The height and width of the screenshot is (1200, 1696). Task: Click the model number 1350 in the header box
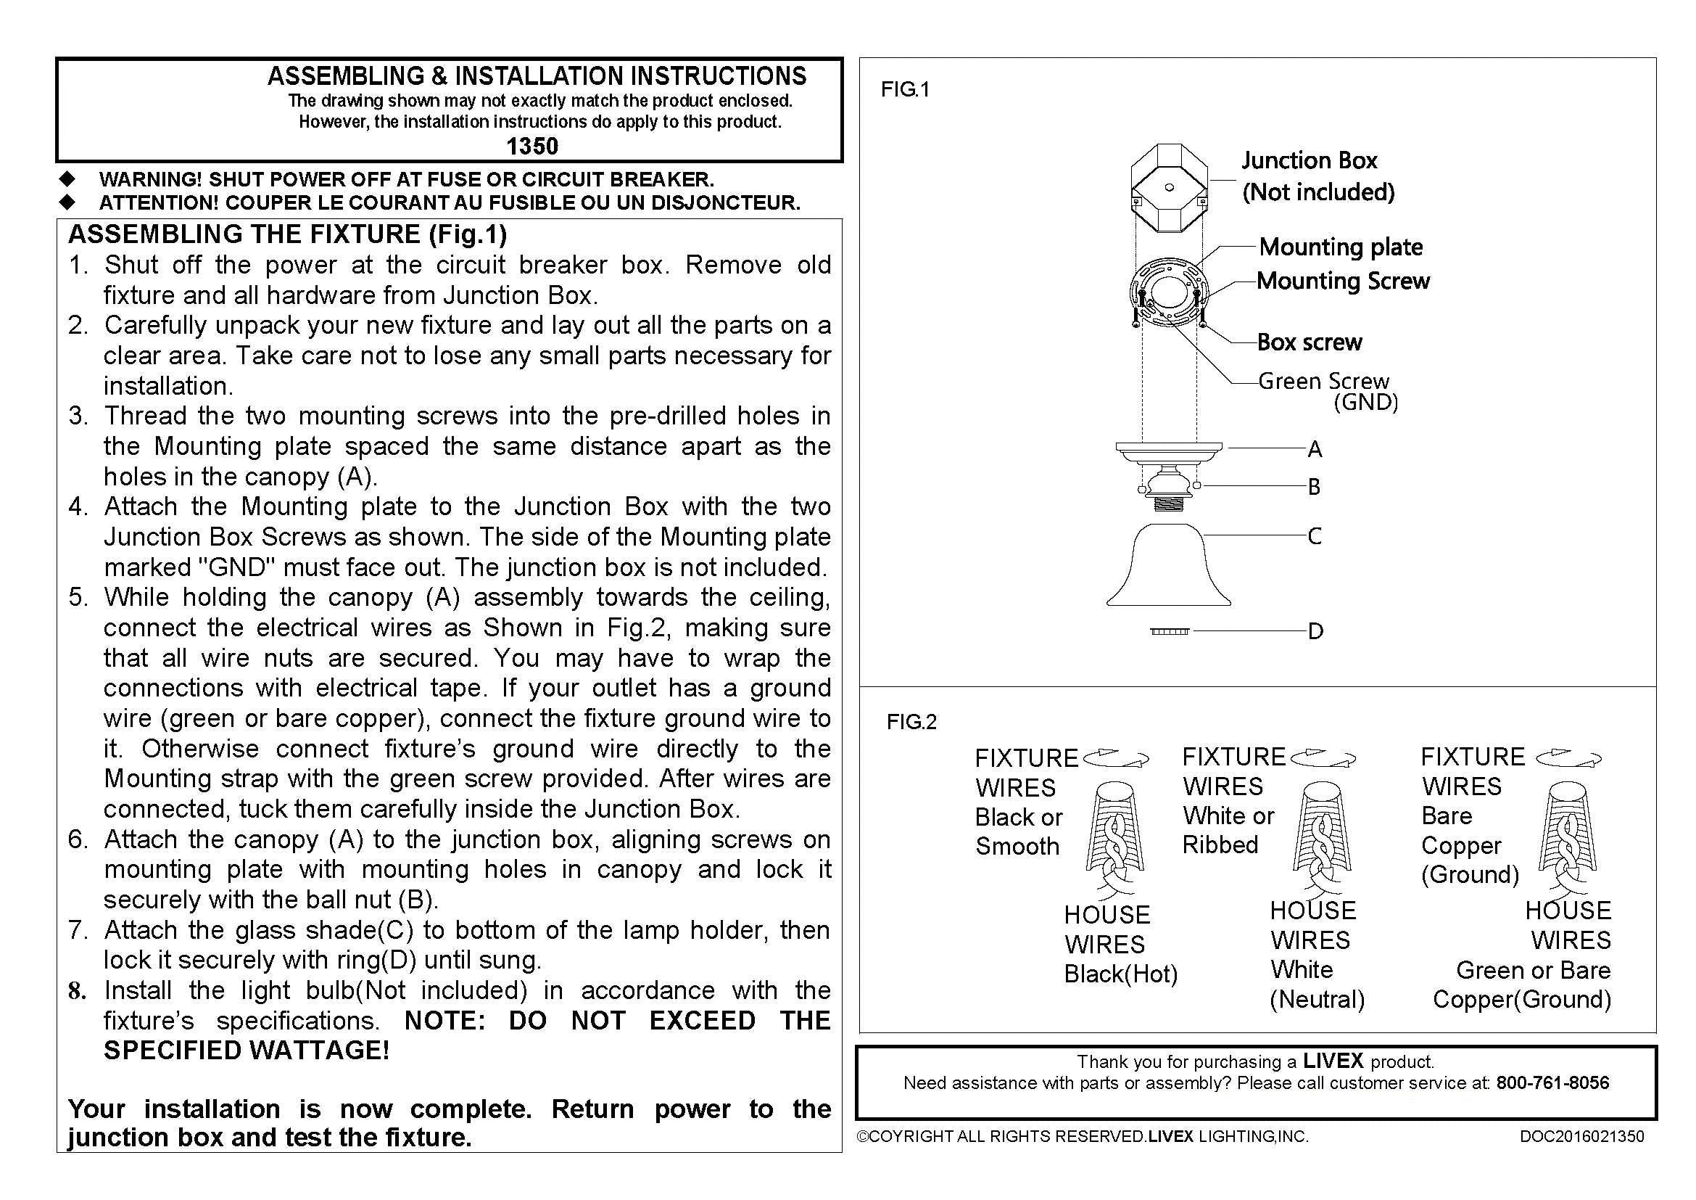tap(531, 146)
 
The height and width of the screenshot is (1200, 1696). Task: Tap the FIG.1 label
tap(904, 90)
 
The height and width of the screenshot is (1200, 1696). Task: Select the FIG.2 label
tap(911, 722)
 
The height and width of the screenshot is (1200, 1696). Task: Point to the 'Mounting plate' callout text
tap(1340, 247)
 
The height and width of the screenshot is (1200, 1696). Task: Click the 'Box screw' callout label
tap(1309, 342)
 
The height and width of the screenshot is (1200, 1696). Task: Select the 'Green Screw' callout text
tap(1323, 382)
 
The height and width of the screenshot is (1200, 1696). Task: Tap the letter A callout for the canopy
tap(1314, 449)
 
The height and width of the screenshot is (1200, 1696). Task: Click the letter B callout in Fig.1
tap(1313, 487)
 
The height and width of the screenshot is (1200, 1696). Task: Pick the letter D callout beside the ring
tap(1315, 632)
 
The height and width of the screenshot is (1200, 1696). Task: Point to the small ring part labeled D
tap(1170, 631)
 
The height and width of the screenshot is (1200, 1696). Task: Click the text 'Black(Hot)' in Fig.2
tap(1120, 974)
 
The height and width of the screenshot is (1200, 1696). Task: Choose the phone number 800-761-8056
tap(1552, 1083)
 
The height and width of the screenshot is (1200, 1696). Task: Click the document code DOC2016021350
tap(1581, 1136)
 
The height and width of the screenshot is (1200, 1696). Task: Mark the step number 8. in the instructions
tap(78, 991)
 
